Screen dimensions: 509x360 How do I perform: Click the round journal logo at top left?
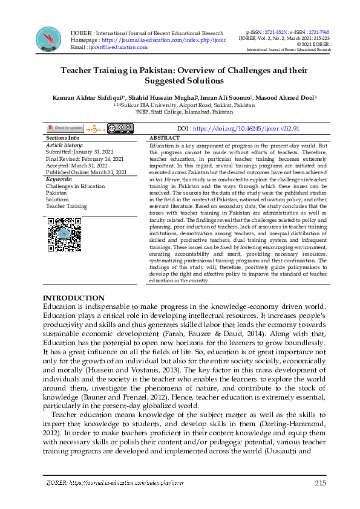point(48,39)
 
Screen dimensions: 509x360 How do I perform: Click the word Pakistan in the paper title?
point(175,70)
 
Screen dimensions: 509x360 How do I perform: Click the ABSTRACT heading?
point(164,138)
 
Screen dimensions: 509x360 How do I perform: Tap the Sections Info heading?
point(62,138)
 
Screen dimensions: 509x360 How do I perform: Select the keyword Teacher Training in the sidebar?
point(66,206)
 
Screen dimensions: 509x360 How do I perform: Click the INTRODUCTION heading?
point(73,298)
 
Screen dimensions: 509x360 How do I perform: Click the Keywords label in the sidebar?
point(59,179)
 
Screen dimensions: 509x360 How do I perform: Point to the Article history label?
point(65,145)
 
